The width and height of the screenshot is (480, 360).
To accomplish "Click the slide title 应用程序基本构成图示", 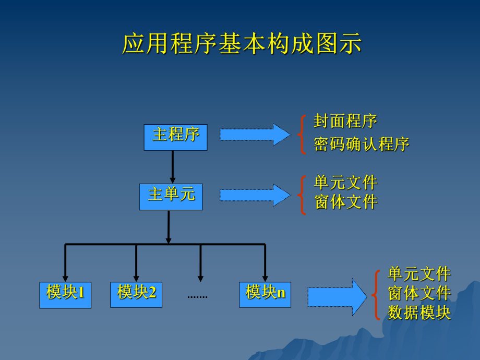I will coord(242,44).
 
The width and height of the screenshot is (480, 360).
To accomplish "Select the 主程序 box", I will coord(175,137).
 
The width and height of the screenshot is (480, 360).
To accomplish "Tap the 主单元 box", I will coord(171,196).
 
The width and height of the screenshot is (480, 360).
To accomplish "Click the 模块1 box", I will coord(65,294).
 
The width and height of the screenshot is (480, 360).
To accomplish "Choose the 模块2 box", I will coord(136,294).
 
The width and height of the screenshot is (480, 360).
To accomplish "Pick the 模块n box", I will coord(265,294).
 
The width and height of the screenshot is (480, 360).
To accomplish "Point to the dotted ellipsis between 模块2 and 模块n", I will coord(197,296).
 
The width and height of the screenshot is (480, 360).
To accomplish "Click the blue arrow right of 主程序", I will coord(255,135).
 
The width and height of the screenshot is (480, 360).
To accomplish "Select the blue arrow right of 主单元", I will coord(255,195).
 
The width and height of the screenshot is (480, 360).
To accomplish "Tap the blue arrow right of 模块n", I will coord(337,297).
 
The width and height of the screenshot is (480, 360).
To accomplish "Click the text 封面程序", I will coord(345,121).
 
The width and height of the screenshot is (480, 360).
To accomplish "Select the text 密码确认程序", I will coord(362,145).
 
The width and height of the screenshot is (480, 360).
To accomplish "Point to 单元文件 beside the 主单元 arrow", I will coord(345,183).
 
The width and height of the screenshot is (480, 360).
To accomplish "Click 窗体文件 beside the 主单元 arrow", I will coord(345,202).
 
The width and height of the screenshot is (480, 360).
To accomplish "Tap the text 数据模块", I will coord(419,312).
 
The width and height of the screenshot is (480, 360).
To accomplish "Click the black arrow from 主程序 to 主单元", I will coord(172,166).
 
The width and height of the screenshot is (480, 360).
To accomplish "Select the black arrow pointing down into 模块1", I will coord(65,263).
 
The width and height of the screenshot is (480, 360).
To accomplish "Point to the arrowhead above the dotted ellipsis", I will coord(200,279).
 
